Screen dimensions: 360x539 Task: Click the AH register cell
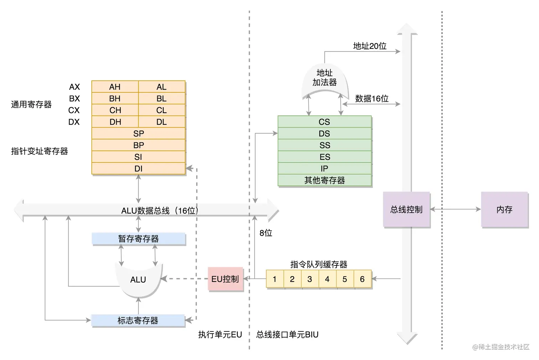[x=115, y=87]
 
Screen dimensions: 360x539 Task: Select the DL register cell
[x=161, y=122]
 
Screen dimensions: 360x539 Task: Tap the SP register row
[x=138, y=133]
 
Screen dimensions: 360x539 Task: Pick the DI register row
[x=138, y=168]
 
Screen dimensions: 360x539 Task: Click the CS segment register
[x=324, y=122]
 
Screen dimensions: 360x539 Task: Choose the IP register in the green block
[x=324, y=168]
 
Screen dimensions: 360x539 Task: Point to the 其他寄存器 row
[x=324, y=180]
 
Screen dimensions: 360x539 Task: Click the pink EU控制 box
[x=225, y=279]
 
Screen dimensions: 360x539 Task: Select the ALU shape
[x=138, y=280]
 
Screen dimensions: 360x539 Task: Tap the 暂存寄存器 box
[x=138, y=239]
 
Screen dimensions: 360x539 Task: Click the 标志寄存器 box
[x=138, y=320]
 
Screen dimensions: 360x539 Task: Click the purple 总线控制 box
[x=406, y=209]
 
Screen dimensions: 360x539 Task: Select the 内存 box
[x=504, y=209]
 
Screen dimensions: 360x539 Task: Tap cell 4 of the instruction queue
[x=327, y=279]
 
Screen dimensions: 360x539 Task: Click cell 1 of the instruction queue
[x=275, y=279]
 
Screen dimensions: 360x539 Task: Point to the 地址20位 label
[x=370, y=46]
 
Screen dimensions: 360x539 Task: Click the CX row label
[x=74, y=110]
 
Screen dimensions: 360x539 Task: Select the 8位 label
[x=266, y=233]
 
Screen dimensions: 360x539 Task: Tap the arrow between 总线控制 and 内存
[x=456, y=209]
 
